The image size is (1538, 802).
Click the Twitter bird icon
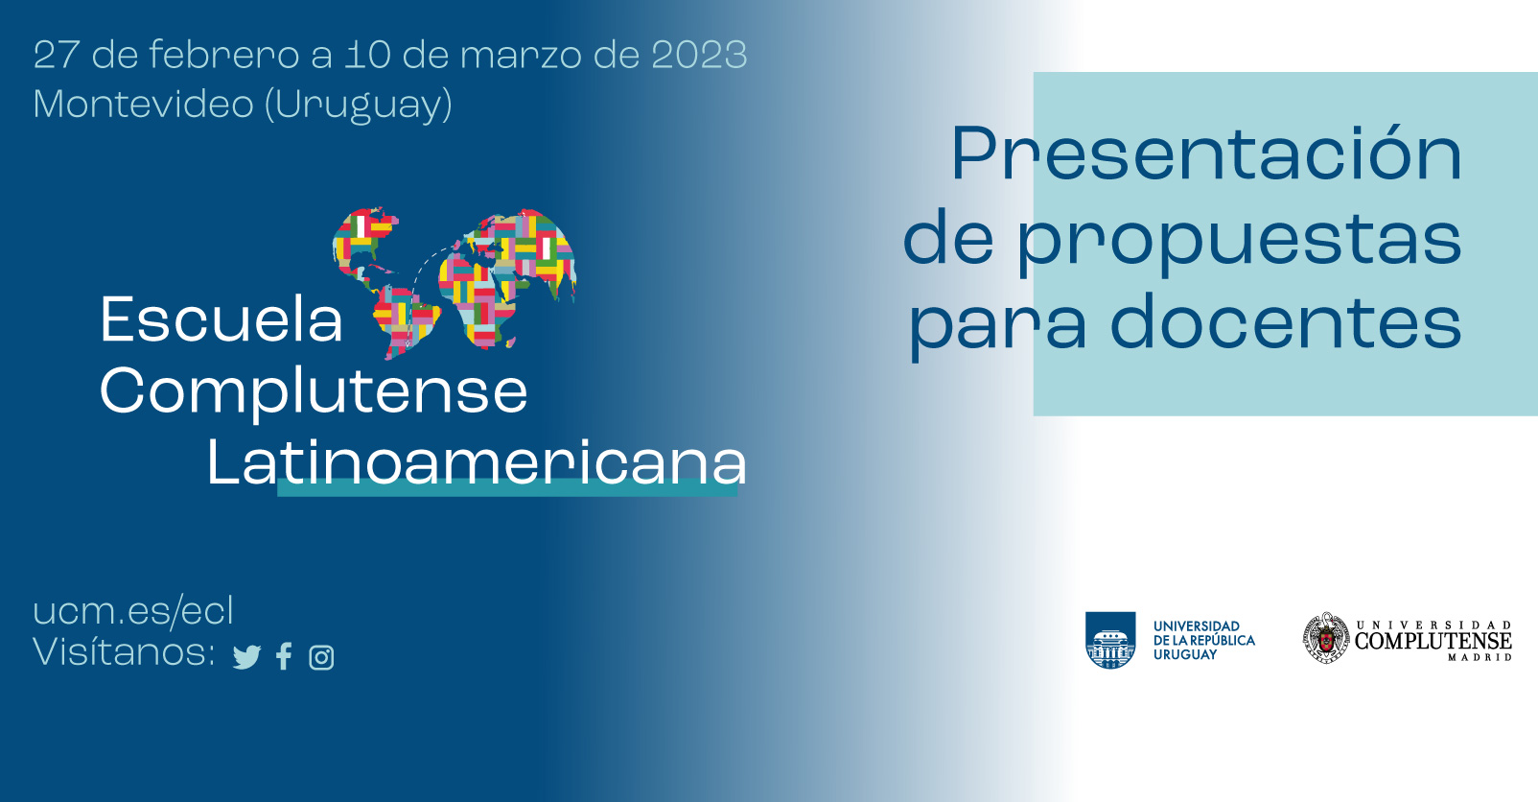click(246, 657)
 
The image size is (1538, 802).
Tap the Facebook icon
click(284, 656)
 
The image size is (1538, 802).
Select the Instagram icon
click(321, 658)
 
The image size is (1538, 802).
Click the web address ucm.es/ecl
click(134, 611)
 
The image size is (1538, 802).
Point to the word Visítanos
click(125, 650)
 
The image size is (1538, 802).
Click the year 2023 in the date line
click(699, 55)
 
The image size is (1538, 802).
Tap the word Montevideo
click(144, 105)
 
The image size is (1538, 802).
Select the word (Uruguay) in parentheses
click(359, 106)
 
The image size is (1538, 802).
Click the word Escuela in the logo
click(221, 318)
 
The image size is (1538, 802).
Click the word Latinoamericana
click(477, 462)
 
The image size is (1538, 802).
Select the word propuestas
click(1240, 241)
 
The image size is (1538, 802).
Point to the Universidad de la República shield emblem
click(1110, 640)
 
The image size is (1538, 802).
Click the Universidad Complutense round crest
click(1326, 639)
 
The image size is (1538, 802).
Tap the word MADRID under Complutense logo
click(1480, 658)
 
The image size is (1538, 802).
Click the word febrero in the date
click(223, 55)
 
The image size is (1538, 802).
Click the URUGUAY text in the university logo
click(1184, 655)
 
